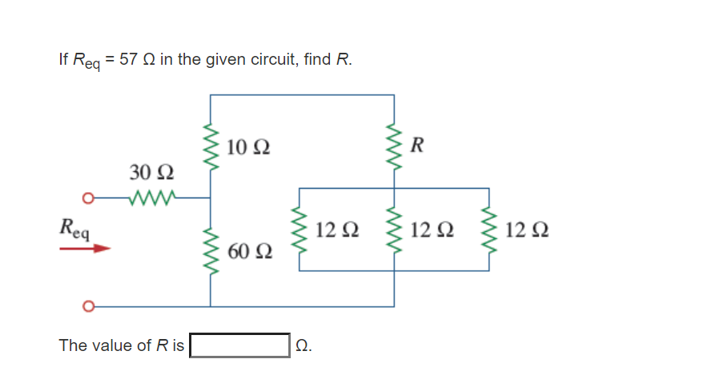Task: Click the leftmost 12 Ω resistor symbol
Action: (x=300, y=229)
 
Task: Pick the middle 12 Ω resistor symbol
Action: (x=394, y=229)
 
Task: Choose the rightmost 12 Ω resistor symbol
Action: (x=489, y=229)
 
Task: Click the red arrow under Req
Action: (x=84, y=249)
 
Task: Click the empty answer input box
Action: (x=239, y=345)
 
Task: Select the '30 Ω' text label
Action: (x=151, y=173)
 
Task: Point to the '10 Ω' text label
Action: (x=247, y=147)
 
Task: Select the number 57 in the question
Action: (x=127, y=60)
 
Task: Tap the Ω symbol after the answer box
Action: (x=302, y=346)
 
